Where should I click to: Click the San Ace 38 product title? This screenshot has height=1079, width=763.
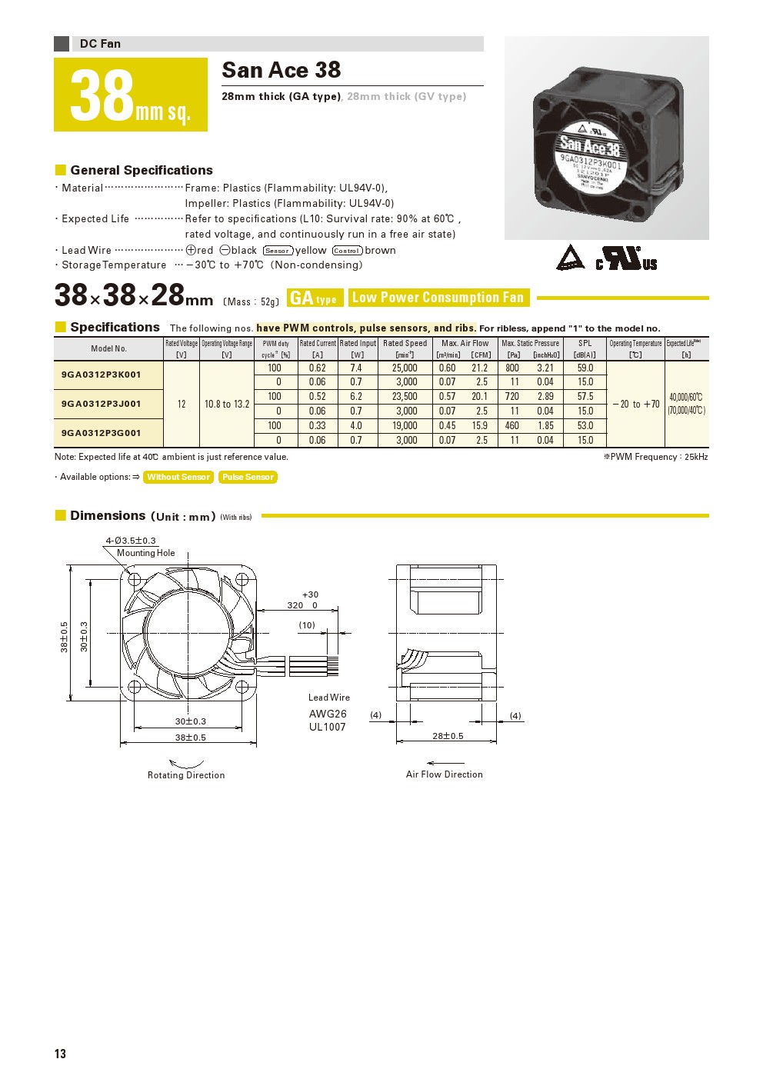pyautogui.click(x=281, y=70)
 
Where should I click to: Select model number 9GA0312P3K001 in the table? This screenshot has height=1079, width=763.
pyautogui.click(x=102, y=375)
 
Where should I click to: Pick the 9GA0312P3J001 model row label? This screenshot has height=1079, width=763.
pyautogui.click(x=102, y=404)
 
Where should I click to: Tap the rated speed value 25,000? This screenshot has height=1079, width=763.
pyautogui.click(x=405, y=368)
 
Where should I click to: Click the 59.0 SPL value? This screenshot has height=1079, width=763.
pyautogui.click(x=585, y=368)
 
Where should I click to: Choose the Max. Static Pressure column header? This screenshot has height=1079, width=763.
pyautogui.click(x=530, y=344)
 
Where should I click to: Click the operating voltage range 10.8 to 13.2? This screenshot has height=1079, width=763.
pyautogui.click(x=227, y=404)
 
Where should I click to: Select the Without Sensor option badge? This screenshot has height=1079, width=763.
pyautogui.click(x=178, y=477)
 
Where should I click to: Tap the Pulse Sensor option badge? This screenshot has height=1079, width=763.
pyautogui.click(x=248, y=477)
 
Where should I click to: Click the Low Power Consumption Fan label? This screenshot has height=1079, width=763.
pyautogui.click(x=438, y=298)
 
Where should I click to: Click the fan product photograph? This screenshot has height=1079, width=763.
pyautogui.click(x=607, y=138)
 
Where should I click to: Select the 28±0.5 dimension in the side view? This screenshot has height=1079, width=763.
pyautogui.click(x=448, y=736)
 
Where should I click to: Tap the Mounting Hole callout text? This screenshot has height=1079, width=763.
pyautogui.click(x=146, y=553)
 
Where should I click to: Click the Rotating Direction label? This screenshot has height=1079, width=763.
pyautogui.click(x=186, y=775)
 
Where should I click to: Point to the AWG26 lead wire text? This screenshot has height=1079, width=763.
pyautogui.click(x=328, y=714)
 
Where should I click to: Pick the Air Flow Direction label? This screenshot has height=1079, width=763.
pyautogui.click(x=445, y=774)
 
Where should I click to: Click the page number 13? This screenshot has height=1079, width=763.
pyautogui.click(x=60, y=1054)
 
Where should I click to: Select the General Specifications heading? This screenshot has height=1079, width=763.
pyautogui.click(x=142, y=170)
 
